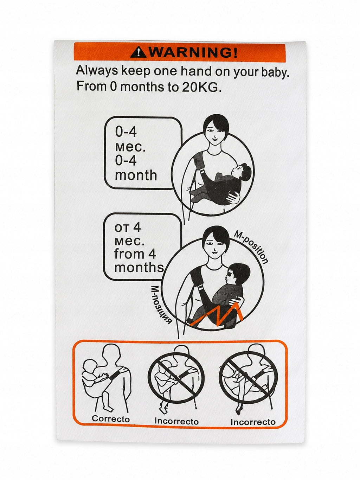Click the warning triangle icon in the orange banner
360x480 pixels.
click(139, 53)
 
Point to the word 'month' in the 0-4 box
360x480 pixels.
click(136, 175)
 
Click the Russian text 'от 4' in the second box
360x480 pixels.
click(127, 228)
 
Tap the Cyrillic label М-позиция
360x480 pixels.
click(161, 305)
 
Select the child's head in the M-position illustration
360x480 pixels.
click(239, 274)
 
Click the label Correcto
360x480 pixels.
click(111, 419)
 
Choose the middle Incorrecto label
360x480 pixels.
click(176, 421)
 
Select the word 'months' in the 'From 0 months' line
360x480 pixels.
click(142, 87)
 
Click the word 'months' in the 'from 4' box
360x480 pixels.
click(139, 267)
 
